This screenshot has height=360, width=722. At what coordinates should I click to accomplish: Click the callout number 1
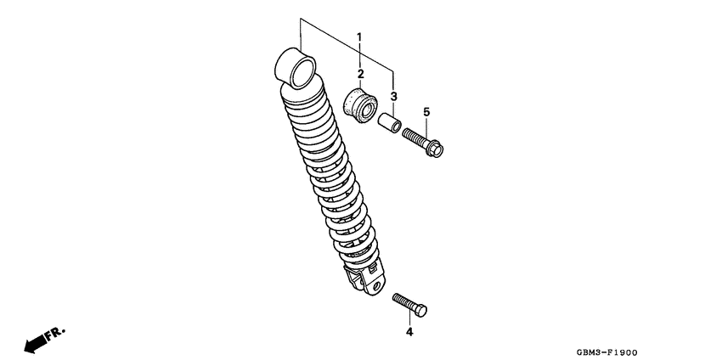[x=358, y=37]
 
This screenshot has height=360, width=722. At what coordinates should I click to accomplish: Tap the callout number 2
[x=360, y=74]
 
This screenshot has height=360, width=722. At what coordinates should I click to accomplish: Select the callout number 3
[x=394, y=96]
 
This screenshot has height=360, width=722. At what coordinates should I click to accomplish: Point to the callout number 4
[x=409, y=332]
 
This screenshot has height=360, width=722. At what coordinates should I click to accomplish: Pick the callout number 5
[x=426, y=112]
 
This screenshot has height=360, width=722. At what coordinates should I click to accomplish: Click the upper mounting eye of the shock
[x=295, y=67]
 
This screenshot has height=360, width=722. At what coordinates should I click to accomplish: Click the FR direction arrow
[x=35, y=342]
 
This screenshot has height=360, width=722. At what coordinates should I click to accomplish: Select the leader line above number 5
[x=426, y=124]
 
